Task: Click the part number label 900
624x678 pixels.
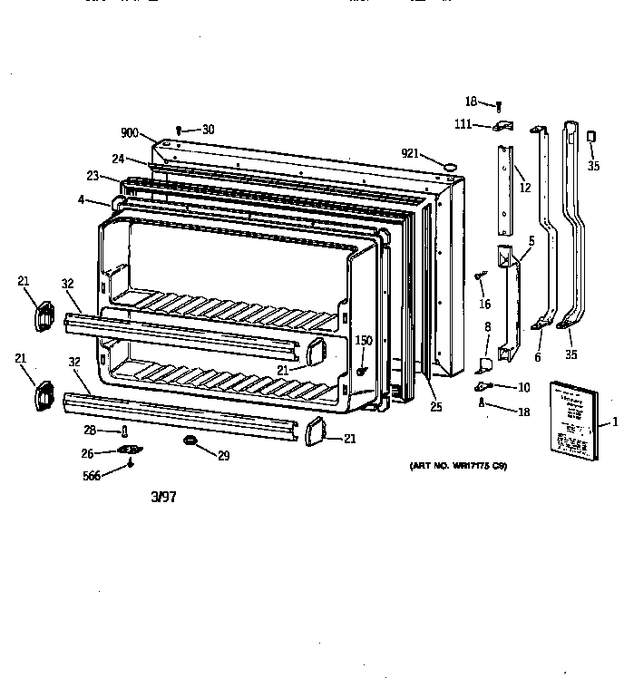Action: pos(129,132)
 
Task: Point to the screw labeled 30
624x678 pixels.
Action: pos(180,131)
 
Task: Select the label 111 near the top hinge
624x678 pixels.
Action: pos(463,124)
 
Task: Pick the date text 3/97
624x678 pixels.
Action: pos(163,497)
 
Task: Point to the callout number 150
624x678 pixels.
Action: pos(363,340)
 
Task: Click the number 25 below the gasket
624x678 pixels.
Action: pos(436,407)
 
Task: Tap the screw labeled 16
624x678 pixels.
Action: pos(480,275)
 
